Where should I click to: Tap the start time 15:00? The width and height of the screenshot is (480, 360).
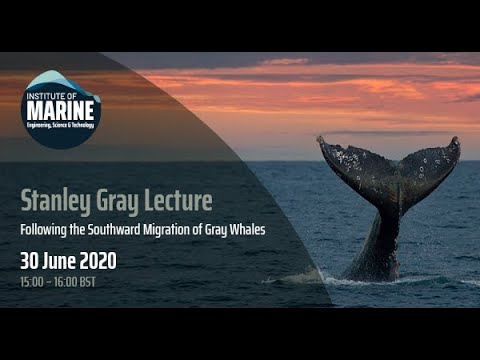click(x=34, y=284)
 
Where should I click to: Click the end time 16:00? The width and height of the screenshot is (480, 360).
click(x=69, y=284)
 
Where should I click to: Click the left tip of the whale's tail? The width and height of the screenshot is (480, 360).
click(x=321, y=140)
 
